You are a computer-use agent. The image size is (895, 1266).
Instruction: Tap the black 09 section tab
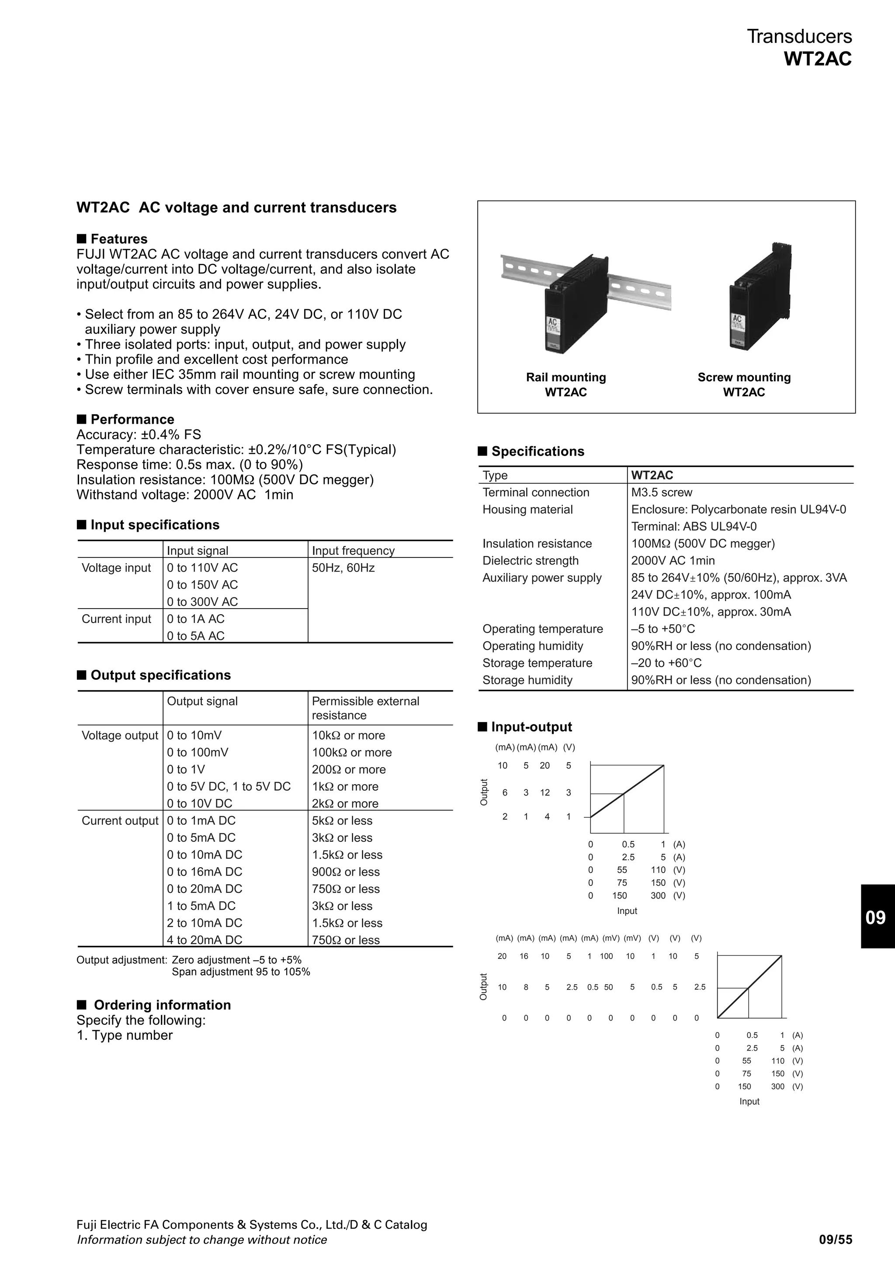point(877,917)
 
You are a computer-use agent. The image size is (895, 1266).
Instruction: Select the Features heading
point(118,239)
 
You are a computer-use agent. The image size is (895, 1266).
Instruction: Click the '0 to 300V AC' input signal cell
point(202,602)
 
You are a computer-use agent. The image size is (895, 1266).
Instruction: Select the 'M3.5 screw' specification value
point(662,492)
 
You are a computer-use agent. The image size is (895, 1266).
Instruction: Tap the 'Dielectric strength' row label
point(531,561)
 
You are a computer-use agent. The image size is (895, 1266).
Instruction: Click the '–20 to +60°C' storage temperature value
point(666,663)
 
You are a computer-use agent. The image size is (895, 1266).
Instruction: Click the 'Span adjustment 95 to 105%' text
point(241,972)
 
